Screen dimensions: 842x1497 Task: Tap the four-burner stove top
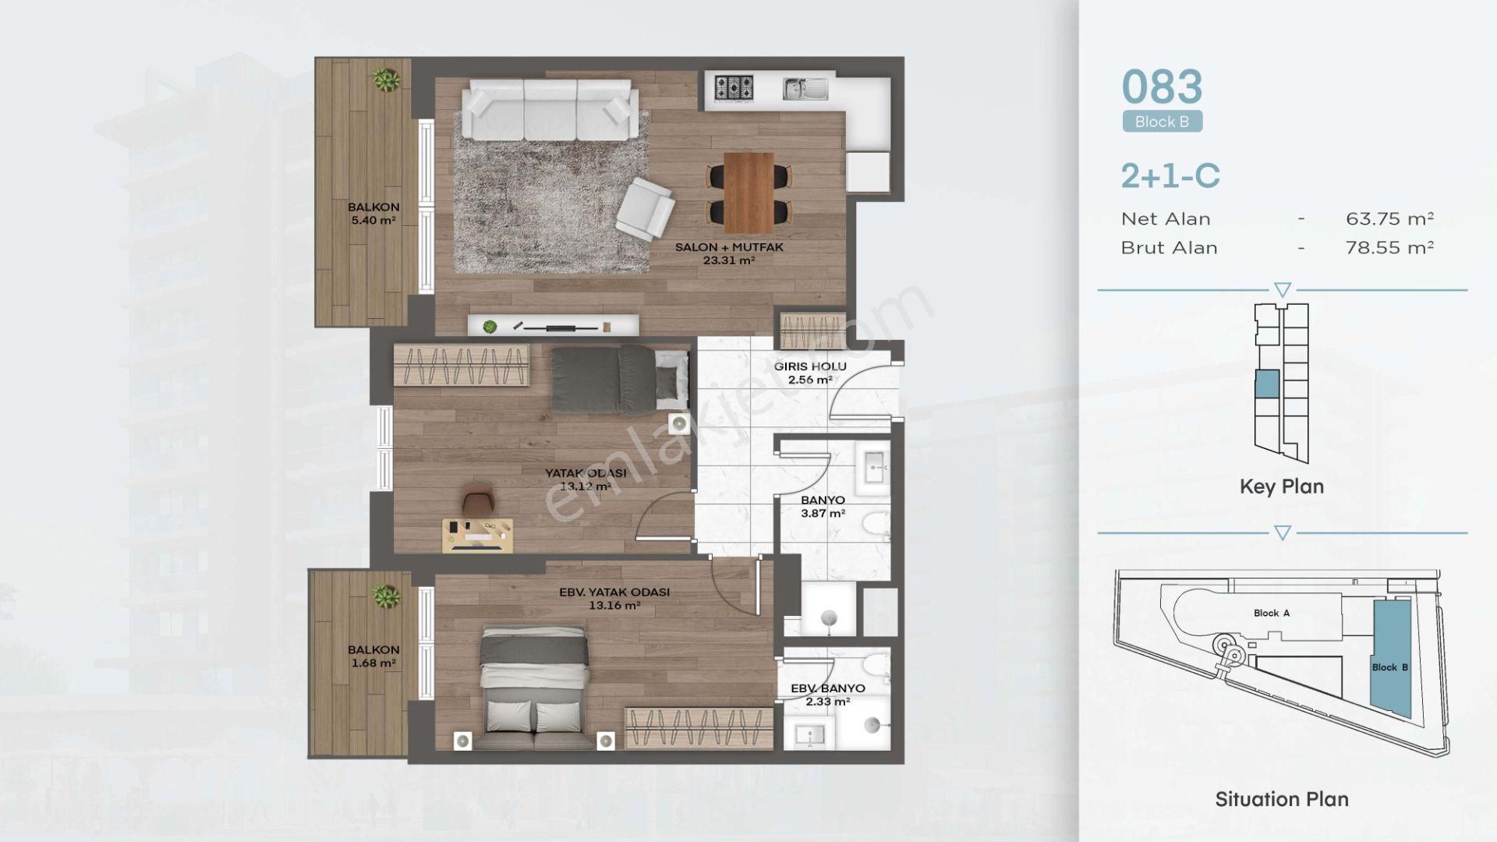[734, 87]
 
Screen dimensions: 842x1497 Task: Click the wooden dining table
[748, 192]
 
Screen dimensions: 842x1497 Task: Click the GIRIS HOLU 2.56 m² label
[810, 373]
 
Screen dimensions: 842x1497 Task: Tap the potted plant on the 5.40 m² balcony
[385, 80]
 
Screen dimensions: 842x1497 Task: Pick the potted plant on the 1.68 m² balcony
[385, 597]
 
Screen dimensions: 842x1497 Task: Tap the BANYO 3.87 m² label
[823, 507]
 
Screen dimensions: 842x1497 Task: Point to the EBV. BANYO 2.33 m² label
[827, 695]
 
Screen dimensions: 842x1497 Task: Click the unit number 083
[1162, 87]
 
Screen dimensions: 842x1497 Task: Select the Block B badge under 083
[1162, 122]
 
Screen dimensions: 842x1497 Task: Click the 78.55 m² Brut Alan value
[1389, 248]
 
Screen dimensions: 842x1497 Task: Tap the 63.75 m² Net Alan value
[1389, 219]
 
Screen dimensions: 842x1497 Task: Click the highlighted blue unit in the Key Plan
[1267, 384]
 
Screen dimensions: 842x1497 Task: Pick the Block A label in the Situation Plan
[1271, 613]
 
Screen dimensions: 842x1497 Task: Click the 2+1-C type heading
[1170, 176]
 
